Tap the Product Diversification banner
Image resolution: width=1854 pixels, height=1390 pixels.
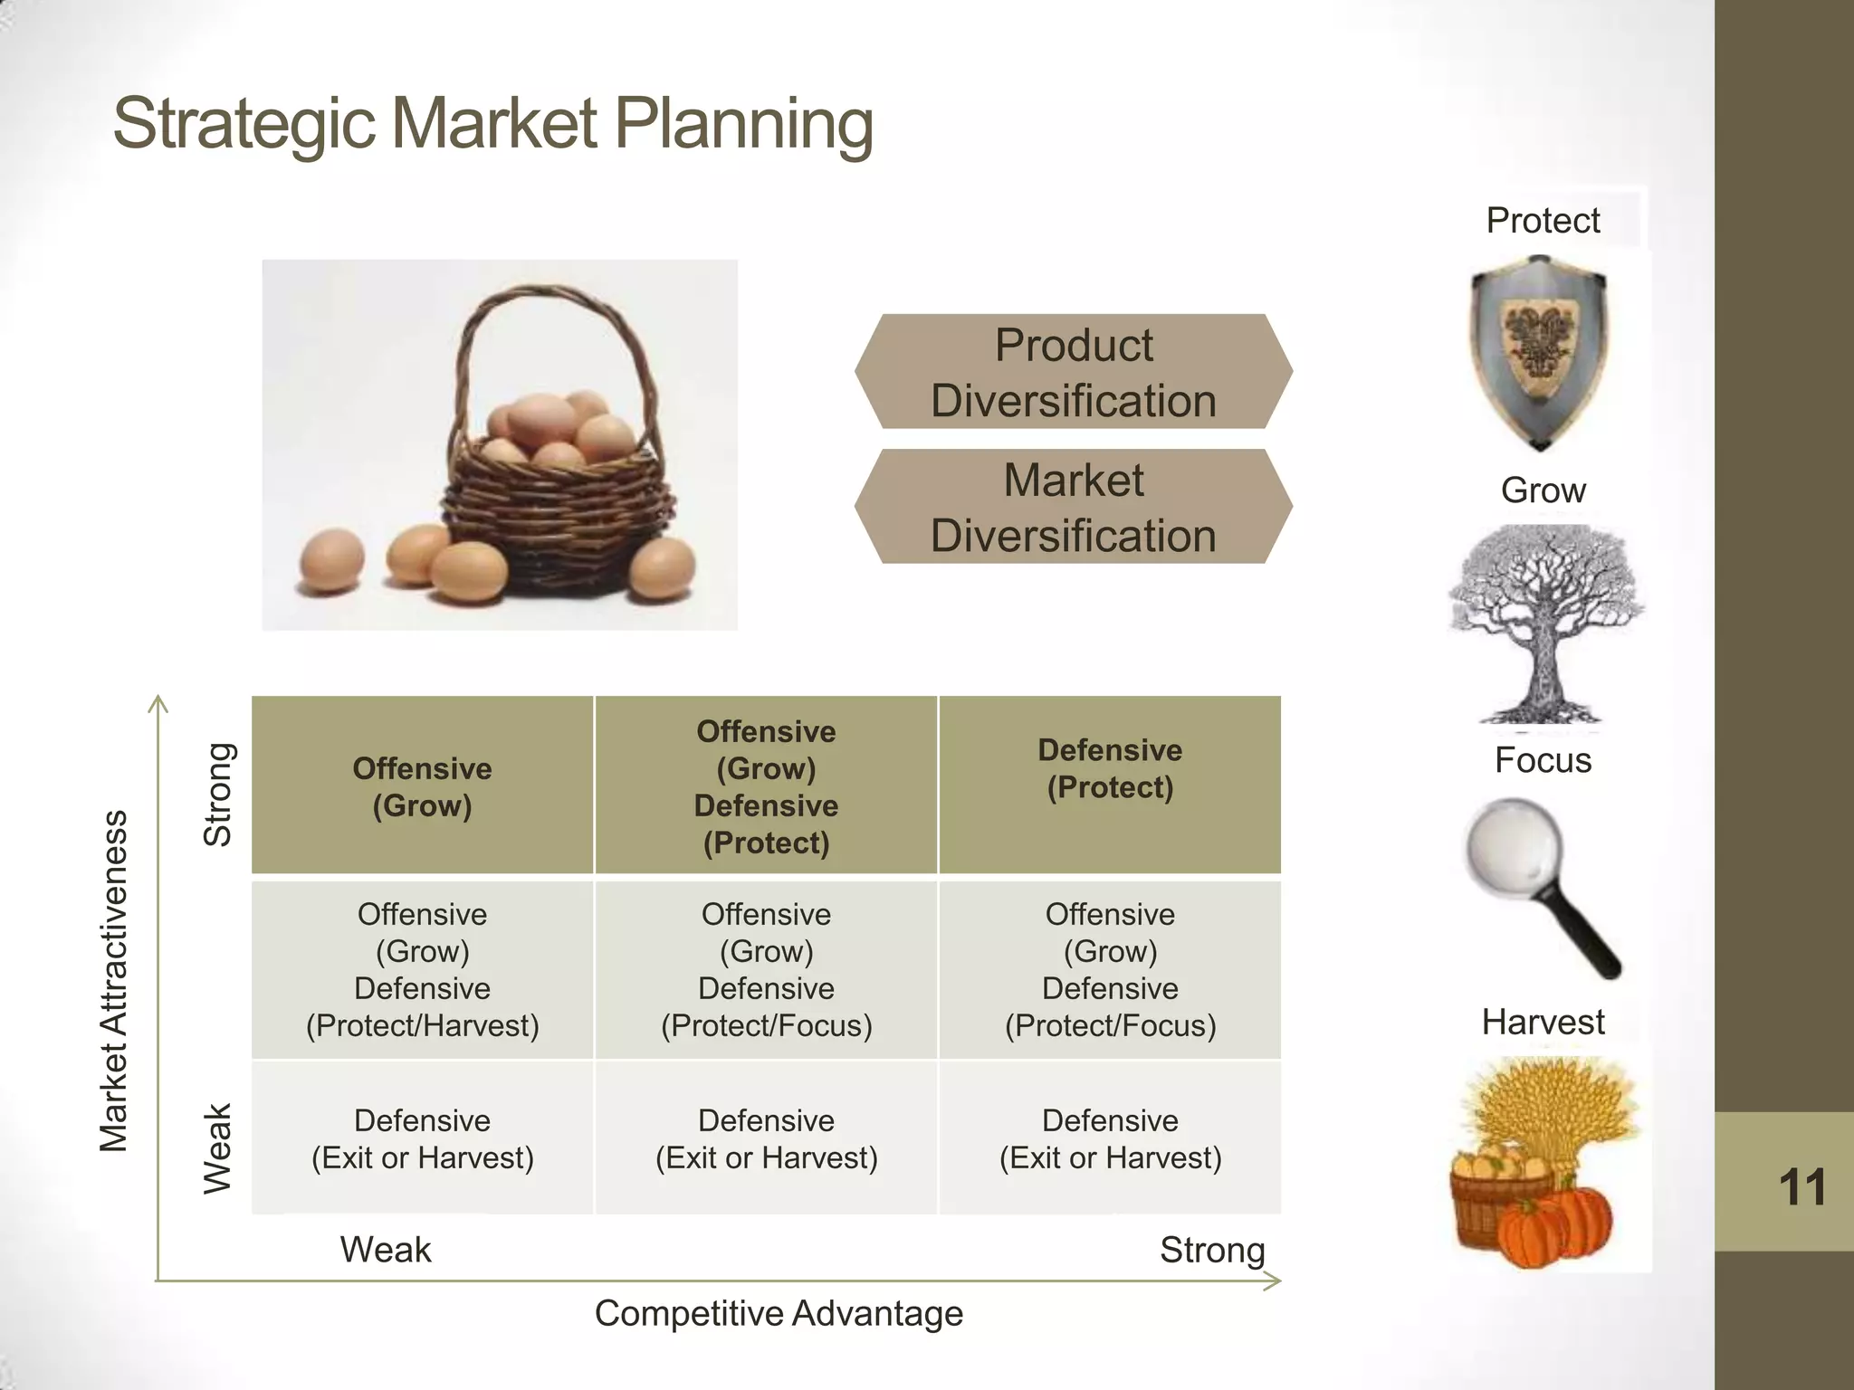[x=1073, y=372]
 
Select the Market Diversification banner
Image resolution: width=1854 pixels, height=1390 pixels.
[x=1073, y=507]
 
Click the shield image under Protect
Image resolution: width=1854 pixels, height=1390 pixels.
[x=1538, y=352]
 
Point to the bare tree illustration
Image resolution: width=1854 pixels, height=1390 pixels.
[x=1544, y=624]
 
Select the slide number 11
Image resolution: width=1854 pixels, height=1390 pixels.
[x=1801, y=1186]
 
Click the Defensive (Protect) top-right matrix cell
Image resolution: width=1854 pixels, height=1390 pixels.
[x=1110, y=784]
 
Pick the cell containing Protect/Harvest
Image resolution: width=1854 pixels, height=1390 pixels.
[x=422, y=969]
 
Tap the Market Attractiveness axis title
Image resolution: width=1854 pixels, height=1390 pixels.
[x=114, y=981]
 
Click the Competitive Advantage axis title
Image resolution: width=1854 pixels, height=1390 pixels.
[x=779, y=1313]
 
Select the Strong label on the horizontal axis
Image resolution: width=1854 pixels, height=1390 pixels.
[x=1212, y=1250]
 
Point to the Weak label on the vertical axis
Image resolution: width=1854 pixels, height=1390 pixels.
[x=217, y=1148]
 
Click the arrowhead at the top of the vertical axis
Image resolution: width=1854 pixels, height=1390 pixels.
[x=158, y=701]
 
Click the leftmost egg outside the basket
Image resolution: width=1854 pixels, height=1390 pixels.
[x=331, y=561]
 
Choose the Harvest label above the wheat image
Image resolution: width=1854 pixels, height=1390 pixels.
[x=1543, y=1022]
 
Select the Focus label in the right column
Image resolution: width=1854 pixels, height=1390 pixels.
[x=1543, y=760]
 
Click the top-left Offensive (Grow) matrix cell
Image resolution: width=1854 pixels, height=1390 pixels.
[x=422, y=785]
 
